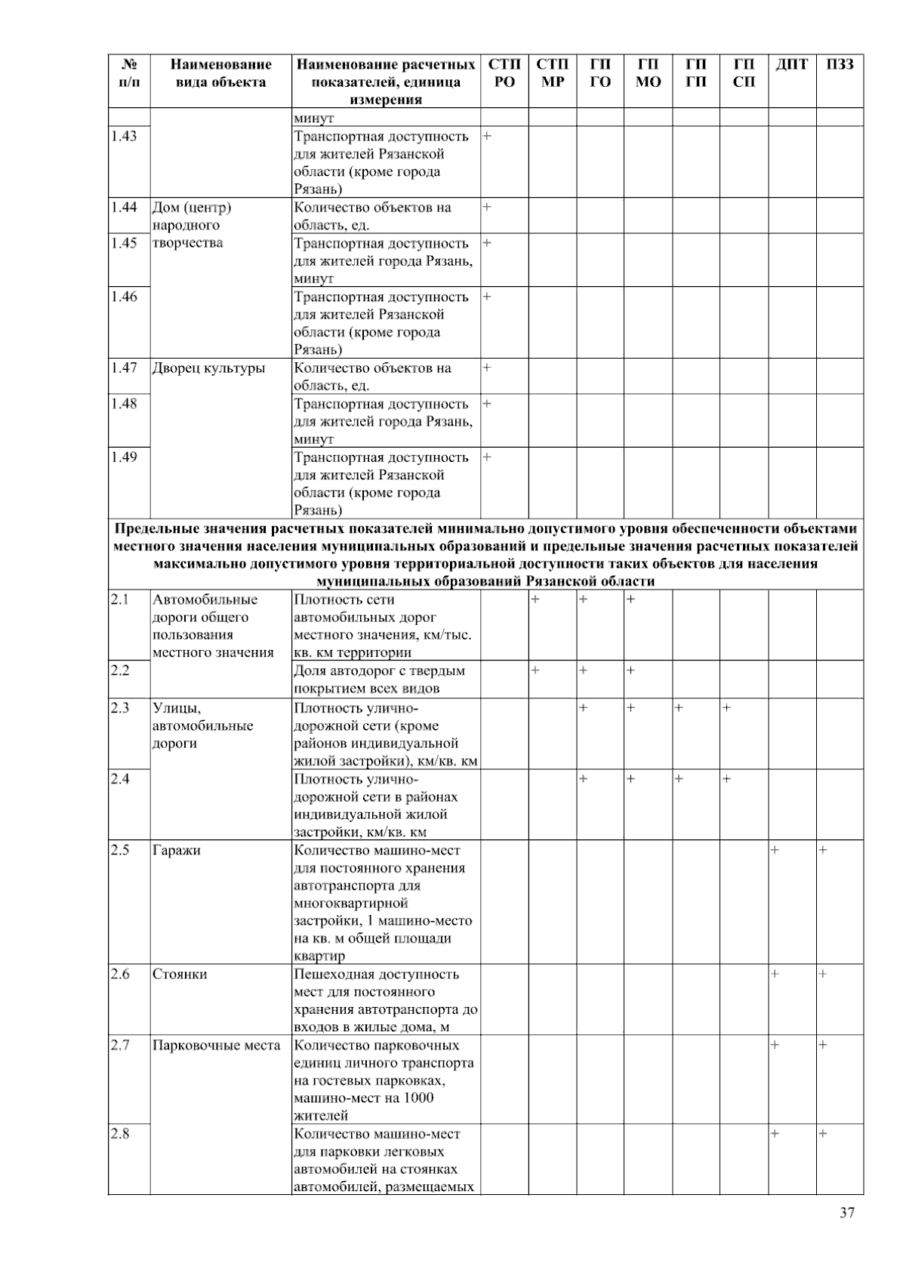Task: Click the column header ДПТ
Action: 791,65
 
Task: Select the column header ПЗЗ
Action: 840,65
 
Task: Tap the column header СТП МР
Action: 552,73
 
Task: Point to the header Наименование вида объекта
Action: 220,73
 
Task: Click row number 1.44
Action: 124,207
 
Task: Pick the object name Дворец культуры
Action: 209,368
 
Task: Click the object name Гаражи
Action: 177,850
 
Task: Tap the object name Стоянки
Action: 180,974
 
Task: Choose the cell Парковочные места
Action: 216,1045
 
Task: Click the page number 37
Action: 847,1212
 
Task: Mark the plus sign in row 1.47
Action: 487,368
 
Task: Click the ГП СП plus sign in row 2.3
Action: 726,708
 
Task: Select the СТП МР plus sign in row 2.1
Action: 535,599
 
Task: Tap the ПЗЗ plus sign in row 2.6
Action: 823,974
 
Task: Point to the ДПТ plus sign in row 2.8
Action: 775,1134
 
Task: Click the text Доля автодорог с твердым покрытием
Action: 379,679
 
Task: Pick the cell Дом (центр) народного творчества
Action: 192,225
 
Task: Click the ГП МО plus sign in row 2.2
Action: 630,670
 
